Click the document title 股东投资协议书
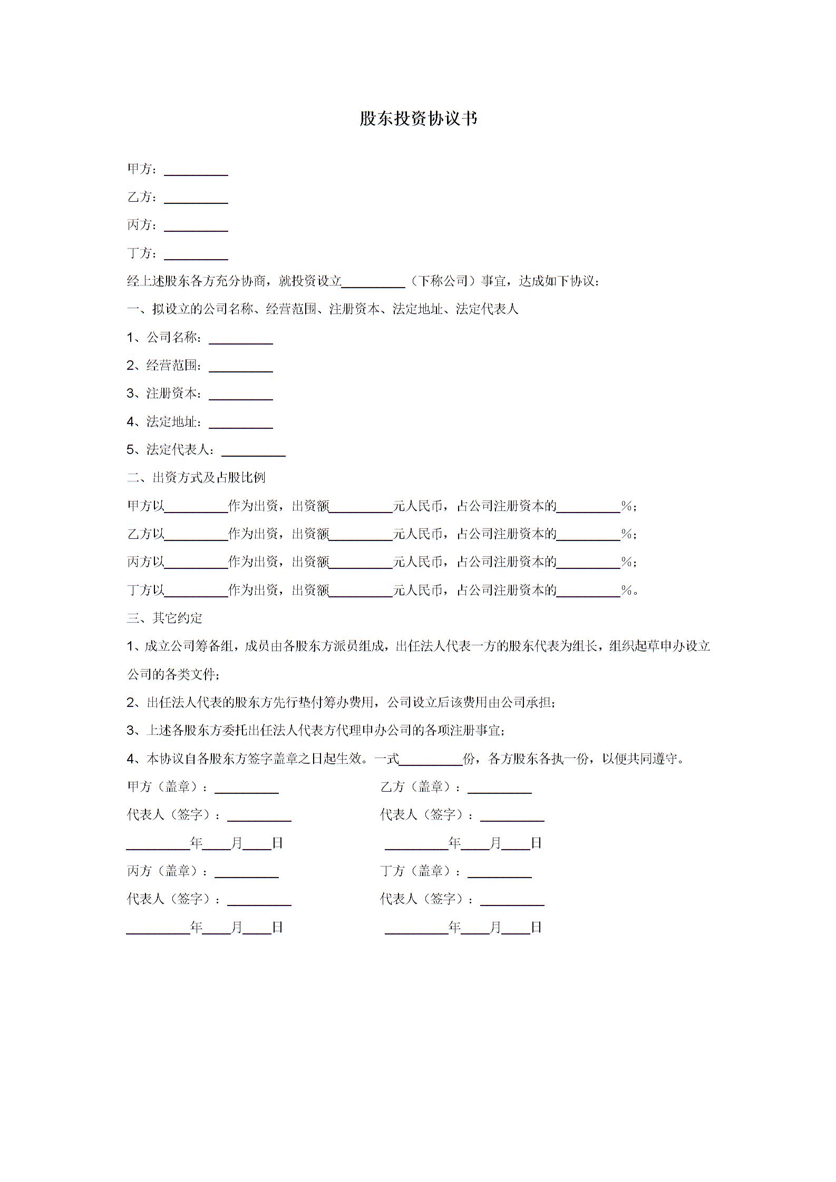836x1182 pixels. coord(418,119)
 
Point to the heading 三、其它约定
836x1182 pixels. coord(164,618)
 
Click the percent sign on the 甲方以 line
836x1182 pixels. coord(626,506)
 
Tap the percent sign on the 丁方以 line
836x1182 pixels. coord(626,590)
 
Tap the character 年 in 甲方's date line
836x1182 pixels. coord(197,843)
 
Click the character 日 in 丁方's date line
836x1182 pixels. coord(537,928)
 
